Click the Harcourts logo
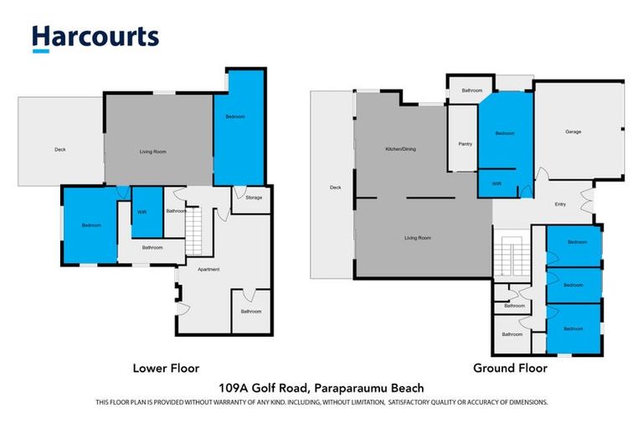click(x=95, y=38)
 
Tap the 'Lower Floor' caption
click(x=166, y=368)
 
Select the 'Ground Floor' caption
click(x=510, y=368)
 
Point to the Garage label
click(x=573, y=132)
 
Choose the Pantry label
click(x=465, y=143)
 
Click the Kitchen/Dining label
click(x=400, y=149)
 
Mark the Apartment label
click(x=208, y=269)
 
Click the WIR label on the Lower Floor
click(x=141, y=212)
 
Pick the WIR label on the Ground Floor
click(x=496, y=183)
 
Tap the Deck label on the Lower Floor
click(x=59, y=150)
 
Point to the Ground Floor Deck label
click(x=335, y=187)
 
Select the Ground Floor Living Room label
click(x=417, y=238)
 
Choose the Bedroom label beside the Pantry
click(x=504, y=134)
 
